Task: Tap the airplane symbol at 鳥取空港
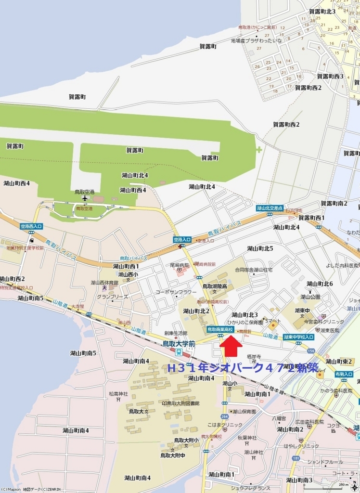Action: coord(85,198)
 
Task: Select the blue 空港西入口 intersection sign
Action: coord(31,226)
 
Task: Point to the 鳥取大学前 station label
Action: coord(179,344)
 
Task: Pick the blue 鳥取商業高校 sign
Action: coord(220,329)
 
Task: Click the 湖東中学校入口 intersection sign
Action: coord(298,337)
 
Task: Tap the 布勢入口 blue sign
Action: coord(344,374)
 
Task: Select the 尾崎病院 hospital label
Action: coord(179,265)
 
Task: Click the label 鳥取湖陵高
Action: coord(214,286)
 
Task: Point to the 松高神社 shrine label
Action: coord(118,394)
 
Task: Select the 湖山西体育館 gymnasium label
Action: coord(104,283)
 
